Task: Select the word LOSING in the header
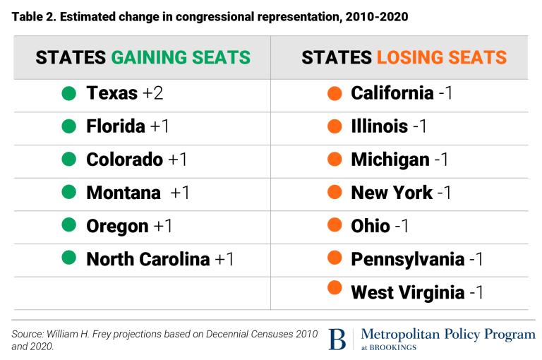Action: [416, 57]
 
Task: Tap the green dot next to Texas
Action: [68, 92]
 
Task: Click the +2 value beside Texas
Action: [151, 92]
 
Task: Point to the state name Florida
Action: [116, 126]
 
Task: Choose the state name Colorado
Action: [124, 160]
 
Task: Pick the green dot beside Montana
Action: [68, 192]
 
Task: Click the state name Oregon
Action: [117, 226]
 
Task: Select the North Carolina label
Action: [148, 259]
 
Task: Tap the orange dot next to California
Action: [335, 92]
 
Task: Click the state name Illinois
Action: [379, 126]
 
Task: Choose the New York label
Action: [392, 192]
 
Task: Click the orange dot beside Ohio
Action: [335, 225]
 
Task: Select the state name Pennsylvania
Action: [407, 259]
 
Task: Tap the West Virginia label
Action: [407, 292]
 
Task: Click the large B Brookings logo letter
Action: [337, 339]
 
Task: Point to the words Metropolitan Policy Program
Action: [447, 334]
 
